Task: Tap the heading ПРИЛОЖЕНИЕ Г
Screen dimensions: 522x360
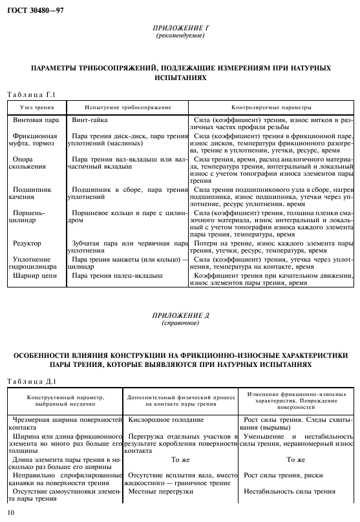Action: tap(180, 29)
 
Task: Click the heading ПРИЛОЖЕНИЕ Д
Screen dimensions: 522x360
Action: tap(180, 316)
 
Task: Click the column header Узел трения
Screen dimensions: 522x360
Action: tap(36, 107)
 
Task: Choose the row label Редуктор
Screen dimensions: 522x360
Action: tap(27, 244)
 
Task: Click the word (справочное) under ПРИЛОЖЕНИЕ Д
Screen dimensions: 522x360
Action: tap(180, 322)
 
